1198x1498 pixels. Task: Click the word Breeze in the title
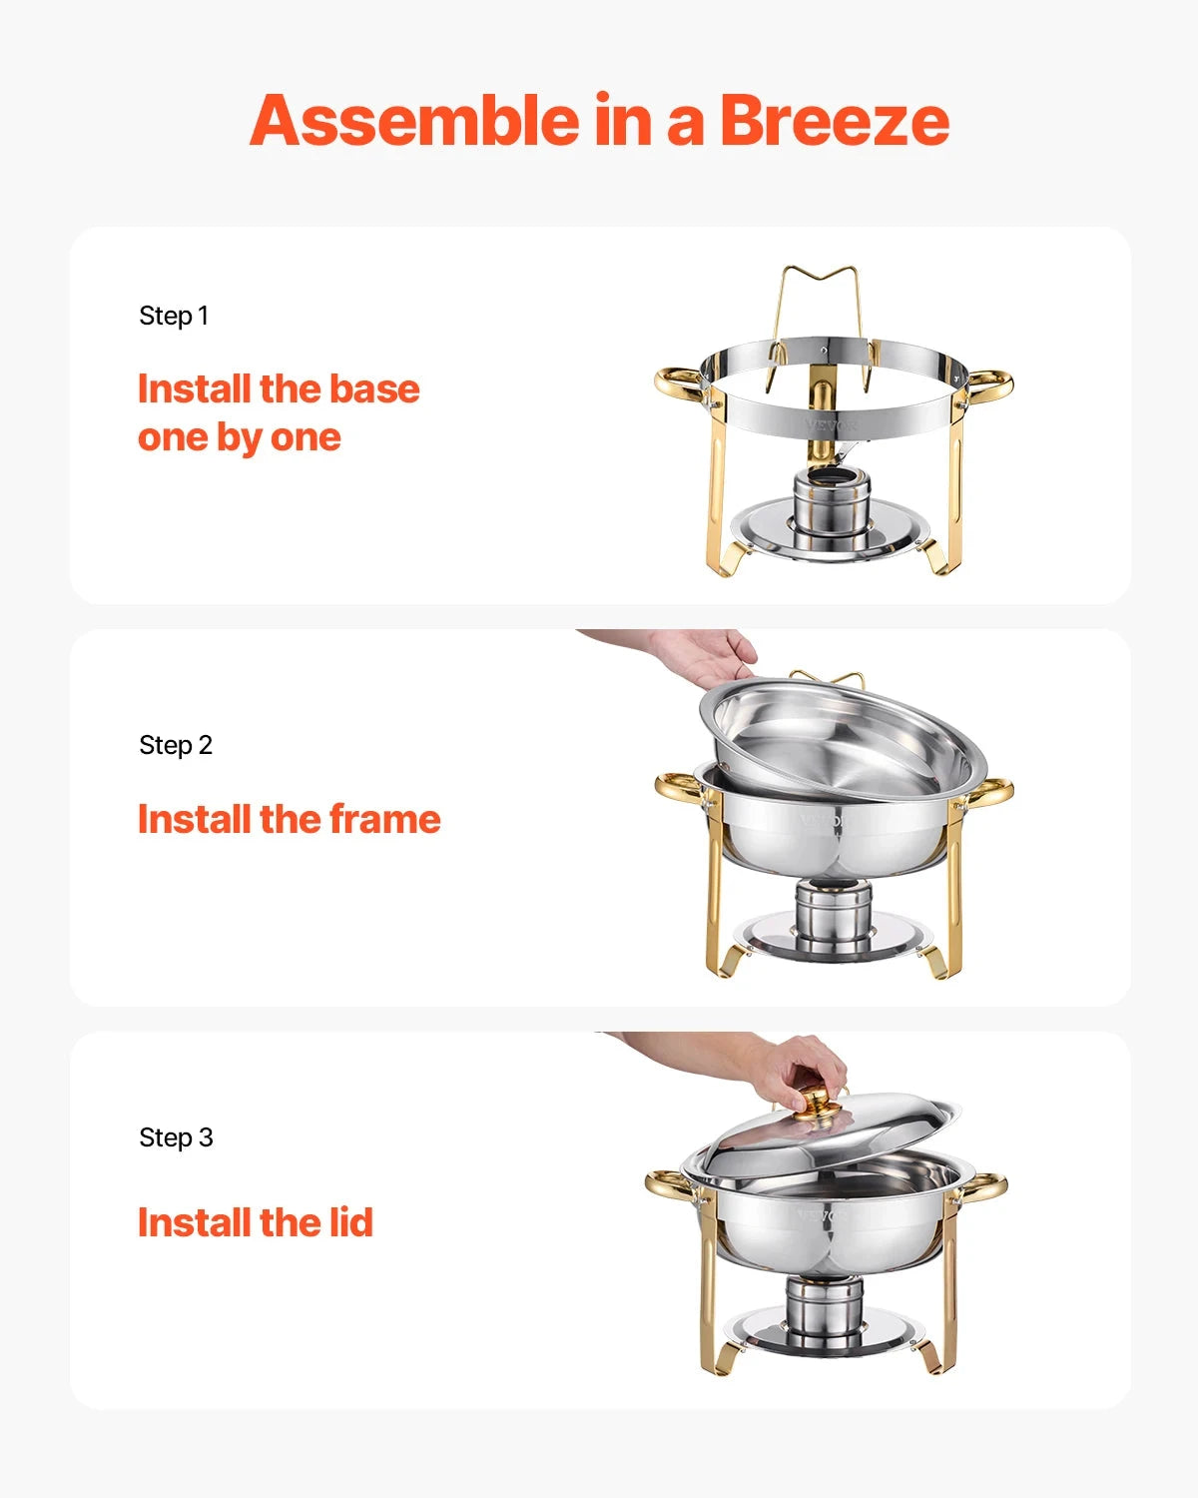tap(834, 121)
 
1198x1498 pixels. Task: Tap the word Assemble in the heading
tap(414, 121)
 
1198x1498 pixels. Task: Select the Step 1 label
tap(174, 316)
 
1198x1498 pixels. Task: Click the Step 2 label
tap(176, 745)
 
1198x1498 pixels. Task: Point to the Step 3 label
tap(176, 1137)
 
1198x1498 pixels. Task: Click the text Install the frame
tap(289, 819)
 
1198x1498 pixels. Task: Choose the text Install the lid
tap(255, 1222)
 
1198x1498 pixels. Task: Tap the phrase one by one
tap(240, 437)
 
